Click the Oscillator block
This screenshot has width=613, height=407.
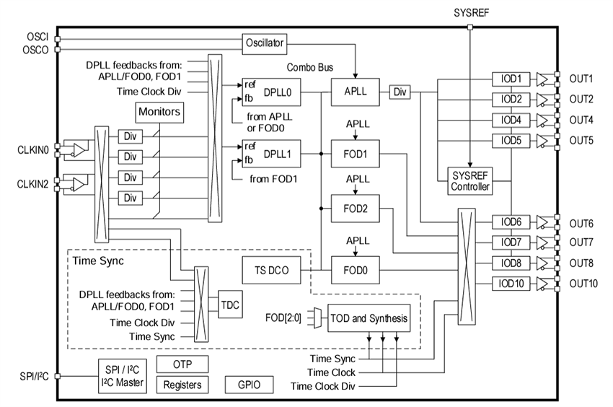pos(264,43)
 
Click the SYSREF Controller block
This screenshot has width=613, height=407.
pos(469,181)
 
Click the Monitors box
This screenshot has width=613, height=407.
pos(159,113)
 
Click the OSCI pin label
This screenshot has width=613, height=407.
pos(36,38)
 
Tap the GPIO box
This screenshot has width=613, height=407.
pos(250,384)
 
